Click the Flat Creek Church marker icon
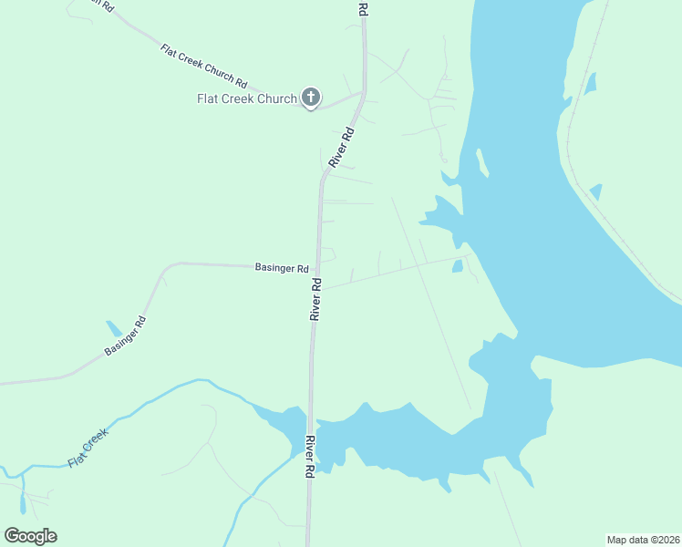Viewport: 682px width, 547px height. tap(310, 98)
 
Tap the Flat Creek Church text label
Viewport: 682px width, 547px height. tap(248, 98)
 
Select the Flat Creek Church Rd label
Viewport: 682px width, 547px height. tap(204, 65)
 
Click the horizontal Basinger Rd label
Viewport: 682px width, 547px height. tap(282, 268)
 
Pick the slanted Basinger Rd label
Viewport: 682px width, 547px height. tap(126, 335)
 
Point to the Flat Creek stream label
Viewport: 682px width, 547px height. tap(88, 449)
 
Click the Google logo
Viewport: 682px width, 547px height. tap(30, 536)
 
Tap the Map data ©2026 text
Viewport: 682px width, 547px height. tap(644, 539)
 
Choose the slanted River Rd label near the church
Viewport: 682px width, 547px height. tap(341, 147)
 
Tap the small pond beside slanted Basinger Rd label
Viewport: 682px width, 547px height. tap(114, 328)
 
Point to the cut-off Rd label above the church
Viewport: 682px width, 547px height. tap(362, 8)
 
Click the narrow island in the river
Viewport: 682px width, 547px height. tap(481, 162)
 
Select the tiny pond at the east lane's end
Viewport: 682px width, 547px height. tap(458, 266)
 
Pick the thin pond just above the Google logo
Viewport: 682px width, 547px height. tap(22, 504)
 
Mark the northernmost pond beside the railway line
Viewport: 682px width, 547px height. tap(591, 84)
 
